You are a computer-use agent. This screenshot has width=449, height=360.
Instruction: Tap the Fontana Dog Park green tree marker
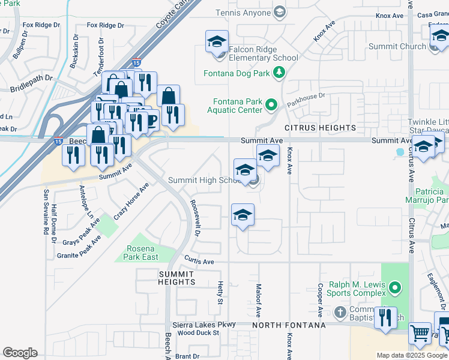279,73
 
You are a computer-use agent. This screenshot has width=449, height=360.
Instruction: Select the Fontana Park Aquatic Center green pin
271,106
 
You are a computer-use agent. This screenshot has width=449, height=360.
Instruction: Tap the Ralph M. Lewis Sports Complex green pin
394,289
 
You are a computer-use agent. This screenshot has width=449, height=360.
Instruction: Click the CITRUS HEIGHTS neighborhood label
320,128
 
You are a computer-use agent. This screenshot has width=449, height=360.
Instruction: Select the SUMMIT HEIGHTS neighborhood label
176,277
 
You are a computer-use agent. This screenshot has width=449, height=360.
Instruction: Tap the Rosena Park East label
142,253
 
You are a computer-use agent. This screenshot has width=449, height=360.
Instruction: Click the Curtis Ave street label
199,262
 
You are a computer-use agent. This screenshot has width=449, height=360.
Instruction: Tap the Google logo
20,353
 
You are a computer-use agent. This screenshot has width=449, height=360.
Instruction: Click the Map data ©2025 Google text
412,355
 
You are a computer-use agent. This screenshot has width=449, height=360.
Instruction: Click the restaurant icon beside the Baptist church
385,317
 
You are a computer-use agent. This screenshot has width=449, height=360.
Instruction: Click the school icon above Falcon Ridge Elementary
217,42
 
